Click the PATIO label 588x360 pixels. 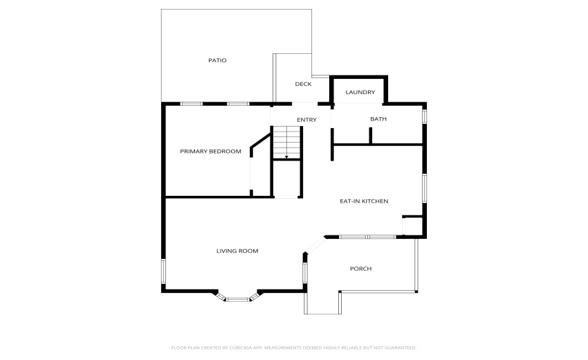217,60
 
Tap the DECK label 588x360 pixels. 303,84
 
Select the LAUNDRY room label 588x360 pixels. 360,92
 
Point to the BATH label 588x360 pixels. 378,119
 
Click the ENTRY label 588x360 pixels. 306,120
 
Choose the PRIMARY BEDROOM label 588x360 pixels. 210,151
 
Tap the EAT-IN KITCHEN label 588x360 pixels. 363,201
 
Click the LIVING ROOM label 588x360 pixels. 237,251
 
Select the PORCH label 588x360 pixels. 360,269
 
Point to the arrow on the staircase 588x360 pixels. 286,156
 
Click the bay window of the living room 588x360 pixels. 237,298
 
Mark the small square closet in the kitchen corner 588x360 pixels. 412,226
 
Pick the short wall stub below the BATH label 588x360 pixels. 371,136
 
